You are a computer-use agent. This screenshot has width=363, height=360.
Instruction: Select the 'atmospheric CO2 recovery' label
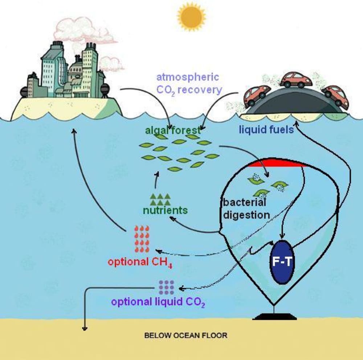188,83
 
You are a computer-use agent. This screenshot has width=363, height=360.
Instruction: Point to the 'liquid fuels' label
266,129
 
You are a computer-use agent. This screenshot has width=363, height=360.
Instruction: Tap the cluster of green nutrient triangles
160,199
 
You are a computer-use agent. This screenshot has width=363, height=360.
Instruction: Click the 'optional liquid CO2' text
158,302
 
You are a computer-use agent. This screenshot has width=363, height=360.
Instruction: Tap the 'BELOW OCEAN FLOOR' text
186,335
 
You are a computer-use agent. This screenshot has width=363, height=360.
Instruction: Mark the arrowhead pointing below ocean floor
85,328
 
